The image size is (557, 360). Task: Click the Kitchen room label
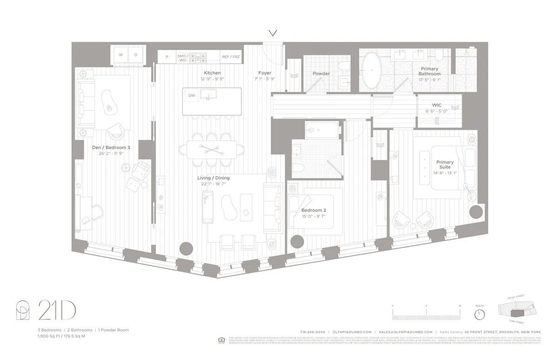coord(212,73)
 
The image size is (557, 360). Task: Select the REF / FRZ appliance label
coord(231,57)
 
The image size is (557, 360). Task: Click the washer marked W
coord(121,55)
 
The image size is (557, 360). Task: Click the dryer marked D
coord(136,55)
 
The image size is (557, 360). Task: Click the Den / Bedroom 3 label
coord(111,148)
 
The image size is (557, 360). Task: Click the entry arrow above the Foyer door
coord(273,33)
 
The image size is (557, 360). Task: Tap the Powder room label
coord(321,73)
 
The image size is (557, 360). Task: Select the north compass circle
coord(479,314)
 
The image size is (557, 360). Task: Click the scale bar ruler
coord(426,315)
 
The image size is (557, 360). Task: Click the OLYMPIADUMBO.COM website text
coord(353,332)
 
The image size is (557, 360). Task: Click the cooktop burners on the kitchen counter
coord(200,57)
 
